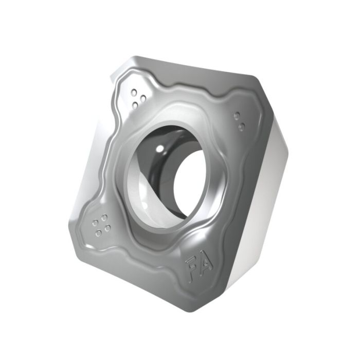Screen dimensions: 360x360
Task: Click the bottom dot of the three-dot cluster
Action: (x=136, y=105)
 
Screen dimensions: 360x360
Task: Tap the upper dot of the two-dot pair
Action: (x=237, y=116)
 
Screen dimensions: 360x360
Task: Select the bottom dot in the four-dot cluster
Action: (x=99, y=234)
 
